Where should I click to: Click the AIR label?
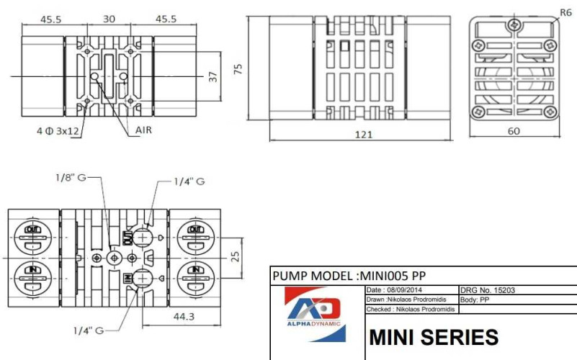(144, 130)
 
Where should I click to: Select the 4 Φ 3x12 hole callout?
(58, 131)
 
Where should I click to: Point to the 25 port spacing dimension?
(235, 257)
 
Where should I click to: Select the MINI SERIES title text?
(433, 337)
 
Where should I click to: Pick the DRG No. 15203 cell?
(487, 290)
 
